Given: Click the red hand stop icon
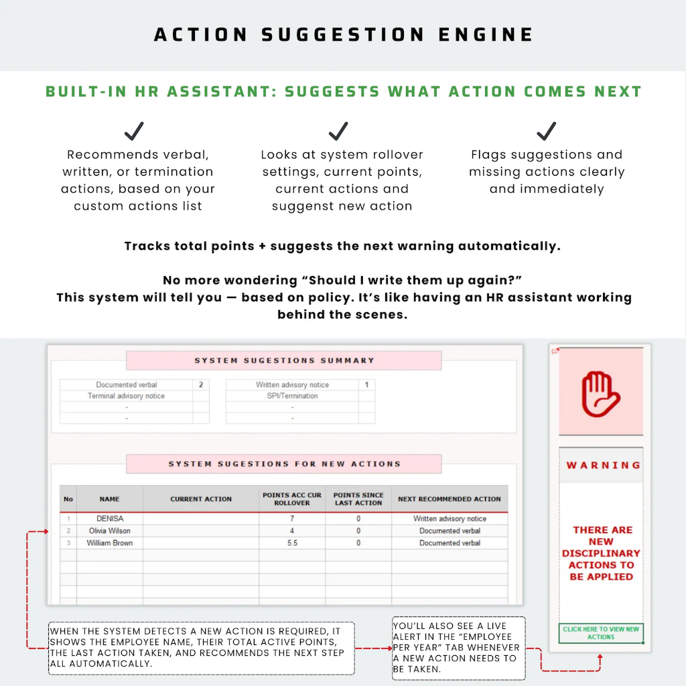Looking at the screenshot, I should coord(601,393).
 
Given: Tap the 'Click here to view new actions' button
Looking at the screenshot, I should coord(601,633).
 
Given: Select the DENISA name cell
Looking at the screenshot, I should coord(110,519).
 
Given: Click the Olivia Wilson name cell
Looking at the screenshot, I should coord(110,531).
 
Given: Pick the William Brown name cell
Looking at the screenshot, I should coord(110,543).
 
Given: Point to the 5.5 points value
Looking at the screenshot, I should coord(292,543).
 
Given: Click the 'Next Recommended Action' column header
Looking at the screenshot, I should coord(450,499).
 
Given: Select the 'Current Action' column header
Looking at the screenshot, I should coord(201,499).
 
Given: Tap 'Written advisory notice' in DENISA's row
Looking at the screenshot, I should coord(450,519).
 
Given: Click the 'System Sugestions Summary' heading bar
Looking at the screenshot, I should coord(284,360).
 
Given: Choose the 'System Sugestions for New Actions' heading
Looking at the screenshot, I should coord(284,464).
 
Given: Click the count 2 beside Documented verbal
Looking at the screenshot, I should coord(200,385).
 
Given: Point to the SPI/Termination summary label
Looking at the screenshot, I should coord(292,396).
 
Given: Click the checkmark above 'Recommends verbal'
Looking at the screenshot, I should coord(135,131).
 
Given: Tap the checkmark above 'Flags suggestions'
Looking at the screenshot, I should coord(547,131).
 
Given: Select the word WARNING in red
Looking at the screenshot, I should coord(603,465).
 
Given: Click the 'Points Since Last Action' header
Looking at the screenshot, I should coord(358,499).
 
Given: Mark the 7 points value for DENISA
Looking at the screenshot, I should coord(292,519).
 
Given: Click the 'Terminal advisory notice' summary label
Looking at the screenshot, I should coord(126,396).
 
